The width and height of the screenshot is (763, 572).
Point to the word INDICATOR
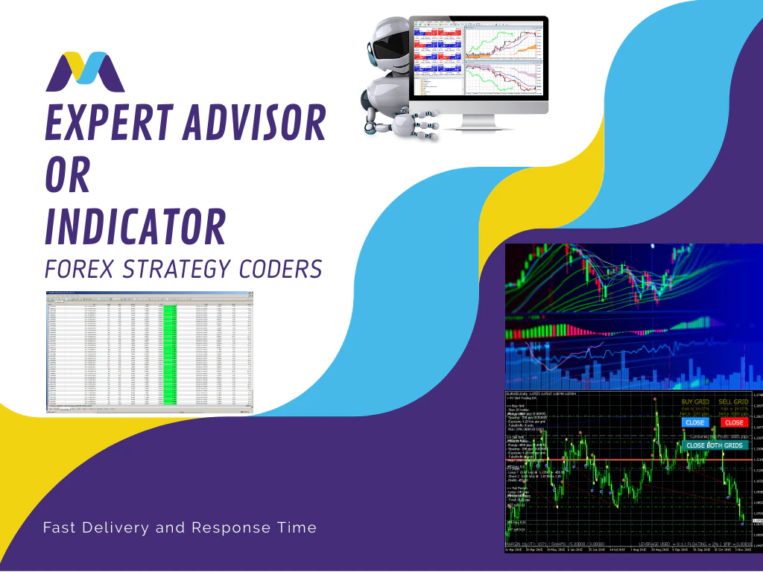click(135, 226)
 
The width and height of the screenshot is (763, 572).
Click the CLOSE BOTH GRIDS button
click(714, 445)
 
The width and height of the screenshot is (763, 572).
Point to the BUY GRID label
click(696, 401)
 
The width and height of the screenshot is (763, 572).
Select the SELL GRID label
click(734, 401)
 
